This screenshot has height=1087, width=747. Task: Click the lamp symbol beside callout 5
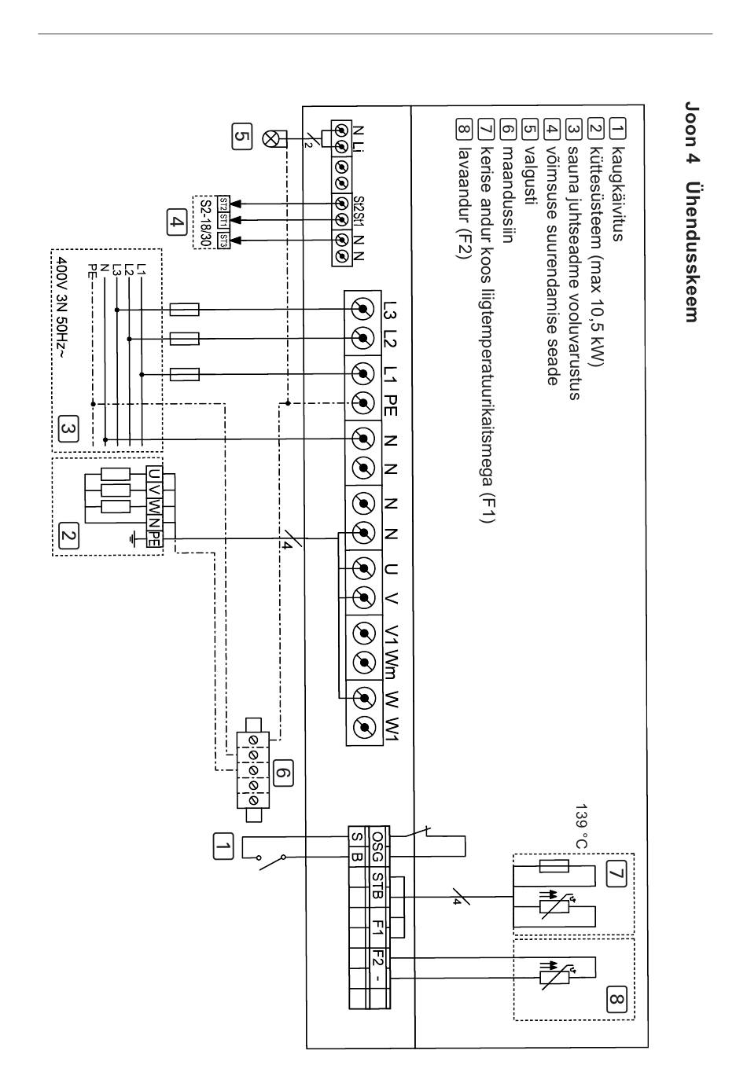[x=270, y=139]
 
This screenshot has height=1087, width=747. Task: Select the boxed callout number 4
[x=177, y=222]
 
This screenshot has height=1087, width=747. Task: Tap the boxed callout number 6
[x=283, y=773]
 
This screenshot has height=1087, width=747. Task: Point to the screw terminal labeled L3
[x=362, y=310]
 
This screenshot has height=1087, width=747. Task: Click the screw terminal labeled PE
[x=362, y=402]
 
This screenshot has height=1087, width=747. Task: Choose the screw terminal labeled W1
[x=364, y=727]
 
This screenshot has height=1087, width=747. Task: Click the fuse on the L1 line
[x=185, y=375]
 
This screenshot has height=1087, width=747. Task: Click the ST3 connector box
[x=223, y=241]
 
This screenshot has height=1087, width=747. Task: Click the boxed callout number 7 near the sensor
[x=616, y=874]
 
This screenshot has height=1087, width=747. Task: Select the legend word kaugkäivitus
[x=616, y=193]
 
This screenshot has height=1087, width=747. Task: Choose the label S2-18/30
[x=205, y=224]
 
